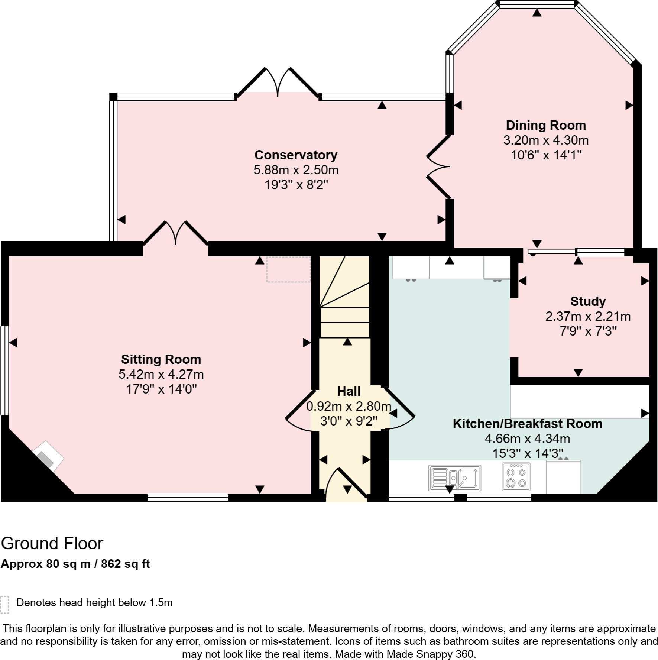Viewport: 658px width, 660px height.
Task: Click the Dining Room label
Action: [546, 125]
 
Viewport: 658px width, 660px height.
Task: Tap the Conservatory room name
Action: [296, 155]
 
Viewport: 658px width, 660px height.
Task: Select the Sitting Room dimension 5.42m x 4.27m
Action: [161, 374]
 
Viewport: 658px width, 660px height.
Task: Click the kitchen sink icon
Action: [455, 478]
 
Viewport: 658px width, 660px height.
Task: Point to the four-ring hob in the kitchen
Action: [516, 477]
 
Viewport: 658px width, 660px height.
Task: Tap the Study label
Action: [588, 301]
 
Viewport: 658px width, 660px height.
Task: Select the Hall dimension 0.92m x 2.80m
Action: [349, 406]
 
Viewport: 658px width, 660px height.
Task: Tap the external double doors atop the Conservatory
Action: [278, 82]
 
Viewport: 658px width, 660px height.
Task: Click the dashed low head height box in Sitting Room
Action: [288, 269]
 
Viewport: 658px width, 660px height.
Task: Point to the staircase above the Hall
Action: [344, 297]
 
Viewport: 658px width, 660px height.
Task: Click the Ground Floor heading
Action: [52, 543]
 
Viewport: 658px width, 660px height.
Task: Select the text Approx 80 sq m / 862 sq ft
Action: [75, 564]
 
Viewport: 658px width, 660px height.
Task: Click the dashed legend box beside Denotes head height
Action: [4, 605]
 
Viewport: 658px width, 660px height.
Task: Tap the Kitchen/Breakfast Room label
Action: [527, 424]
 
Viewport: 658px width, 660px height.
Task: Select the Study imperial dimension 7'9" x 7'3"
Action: [588, 331]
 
